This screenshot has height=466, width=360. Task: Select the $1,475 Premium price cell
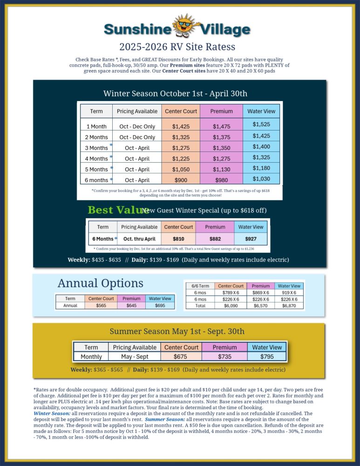coord(222,126)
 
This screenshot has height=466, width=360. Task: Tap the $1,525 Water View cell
coord(261,124)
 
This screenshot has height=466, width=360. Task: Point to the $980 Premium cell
coord(222,180)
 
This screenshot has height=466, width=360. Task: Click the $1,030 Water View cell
coord(261,178)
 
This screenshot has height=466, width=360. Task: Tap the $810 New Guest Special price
coord(178,239)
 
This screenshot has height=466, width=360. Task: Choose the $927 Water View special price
coord(251,239)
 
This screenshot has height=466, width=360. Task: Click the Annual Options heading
coord(100,283)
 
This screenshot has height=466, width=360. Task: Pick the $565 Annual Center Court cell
coord(101,305)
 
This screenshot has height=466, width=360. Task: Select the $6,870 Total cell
coord(289,306)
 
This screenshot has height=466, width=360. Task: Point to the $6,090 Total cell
coord(231,306)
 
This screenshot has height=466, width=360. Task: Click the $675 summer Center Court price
coord(181,356)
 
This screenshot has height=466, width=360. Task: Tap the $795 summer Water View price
coord(267,356)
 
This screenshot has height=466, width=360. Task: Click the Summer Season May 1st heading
coord(177,331)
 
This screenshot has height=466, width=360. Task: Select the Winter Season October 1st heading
coord(175,93)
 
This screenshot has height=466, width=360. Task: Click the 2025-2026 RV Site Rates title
coord(177,47)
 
